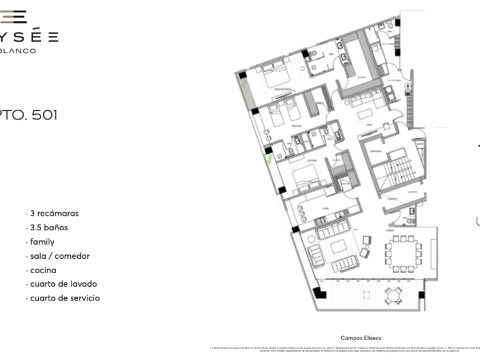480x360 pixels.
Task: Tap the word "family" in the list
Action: tap(42, 242)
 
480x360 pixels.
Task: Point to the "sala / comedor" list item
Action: tap(59, 256)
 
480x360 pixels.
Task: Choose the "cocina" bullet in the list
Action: tap(43, 270)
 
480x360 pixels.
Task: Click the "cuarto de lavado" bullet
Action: tap(63, 284)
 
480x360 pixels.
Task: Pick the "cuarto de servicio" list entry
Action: tap(65, 298)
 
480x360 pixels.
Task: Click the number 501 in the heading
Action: tap(45, 115)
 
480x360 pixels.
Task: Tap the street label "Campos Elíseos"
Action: tap(361, 338)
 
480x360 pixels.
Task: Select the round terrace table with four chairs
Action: tap(393, 295)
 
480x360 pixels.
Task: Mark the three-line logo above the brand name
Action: tap(14, 17)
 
